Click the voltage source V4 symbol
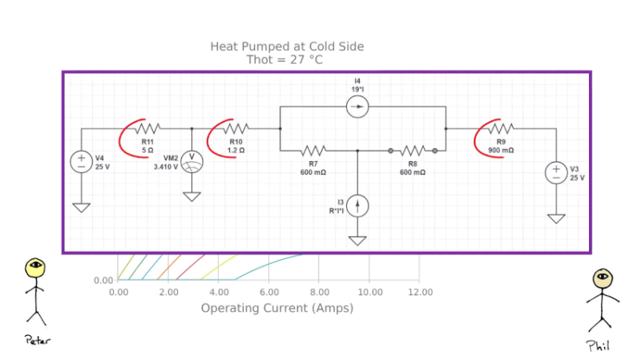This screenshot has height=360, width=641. (x=82, y=161)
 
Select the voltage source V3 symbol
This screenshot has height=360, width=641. (x=557, y=172)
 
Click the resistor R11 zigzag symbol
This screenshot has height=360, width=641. (x=148, y=128)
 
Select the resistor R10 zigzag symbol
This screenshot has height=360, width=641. (x=236, y=128)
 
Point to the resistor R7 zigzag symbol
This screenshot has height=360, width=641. (x=313, y=150)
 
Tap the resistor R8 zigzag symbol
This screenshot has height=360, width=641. (x=413, y=150)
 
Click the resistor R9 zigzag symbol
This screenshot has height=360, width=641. (x=501, y=128)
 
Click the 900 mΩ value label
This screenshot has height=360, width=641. (x=501, y=150)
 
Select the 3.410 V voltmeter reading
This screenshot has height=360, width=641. (x=166, y=167)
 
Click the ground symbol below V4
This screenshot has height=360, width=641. (x=82, y=207)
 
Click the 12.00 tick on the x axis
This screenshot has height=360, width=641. (x=420, y=293)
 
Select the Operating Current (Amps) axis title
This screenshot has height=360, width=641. (x=276, y=308)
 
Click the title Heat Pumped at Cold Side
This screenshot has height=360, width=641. (x=287, y=47)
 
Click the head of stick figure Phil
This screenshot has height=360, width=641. (x=602, y=279)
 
